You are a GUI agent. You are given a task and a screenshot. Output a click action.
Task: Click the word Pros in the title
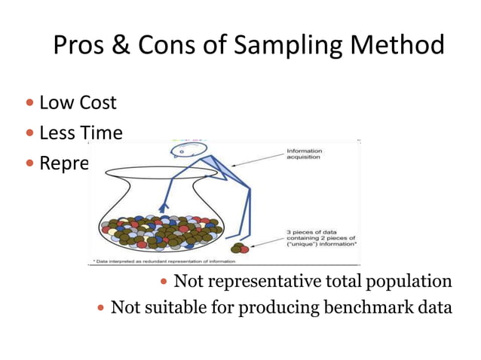click(x=83, y=47)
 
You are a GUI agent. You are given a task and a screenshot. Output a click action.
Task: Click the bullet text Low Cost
click(x=78, y=102)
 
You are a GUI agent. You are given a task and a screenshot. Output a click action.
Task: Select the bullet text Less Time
click(x=81, y=133)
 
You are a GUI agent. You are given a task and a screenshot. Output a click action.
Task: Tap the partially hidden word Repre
click(x=64, y=163)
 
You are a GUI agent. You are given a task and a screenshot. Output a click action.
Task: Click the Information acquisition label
click(x=304, y=154)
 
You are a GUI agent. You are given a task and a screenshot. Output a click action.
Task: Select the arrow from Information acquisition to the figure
click(x=257, y=160)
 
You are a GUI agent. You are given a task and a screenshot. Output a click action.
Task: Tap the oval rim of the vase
click(x=161, y=173)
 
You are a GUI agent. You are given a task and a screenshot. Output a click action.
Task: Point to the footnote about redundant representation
click(x=164, y=261)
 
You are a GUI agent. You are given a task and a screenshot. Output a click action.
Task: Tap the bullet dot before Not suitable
click(x=103, y=307)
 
